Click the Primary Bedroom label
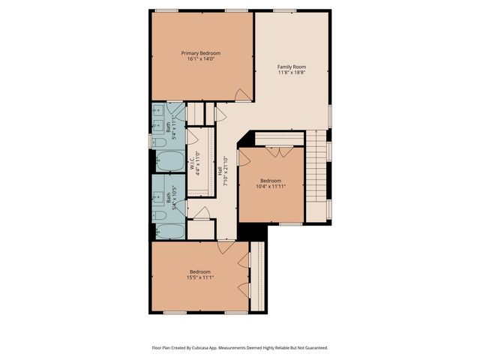[201, 52]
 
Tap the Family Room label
[292, 67]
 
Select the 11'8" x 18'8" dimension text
[292, 73]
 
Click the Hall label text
[220, 171]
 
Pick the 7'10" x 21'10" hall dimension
[226, 171]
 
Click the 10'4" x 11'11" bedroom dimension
[271, 187]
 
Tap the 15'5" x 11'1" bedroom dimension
[200, 277]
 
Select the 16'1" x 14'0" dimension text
[201, 59]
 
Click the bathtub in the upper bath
[169, 161]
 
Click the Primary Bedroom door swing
[242, 95]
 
